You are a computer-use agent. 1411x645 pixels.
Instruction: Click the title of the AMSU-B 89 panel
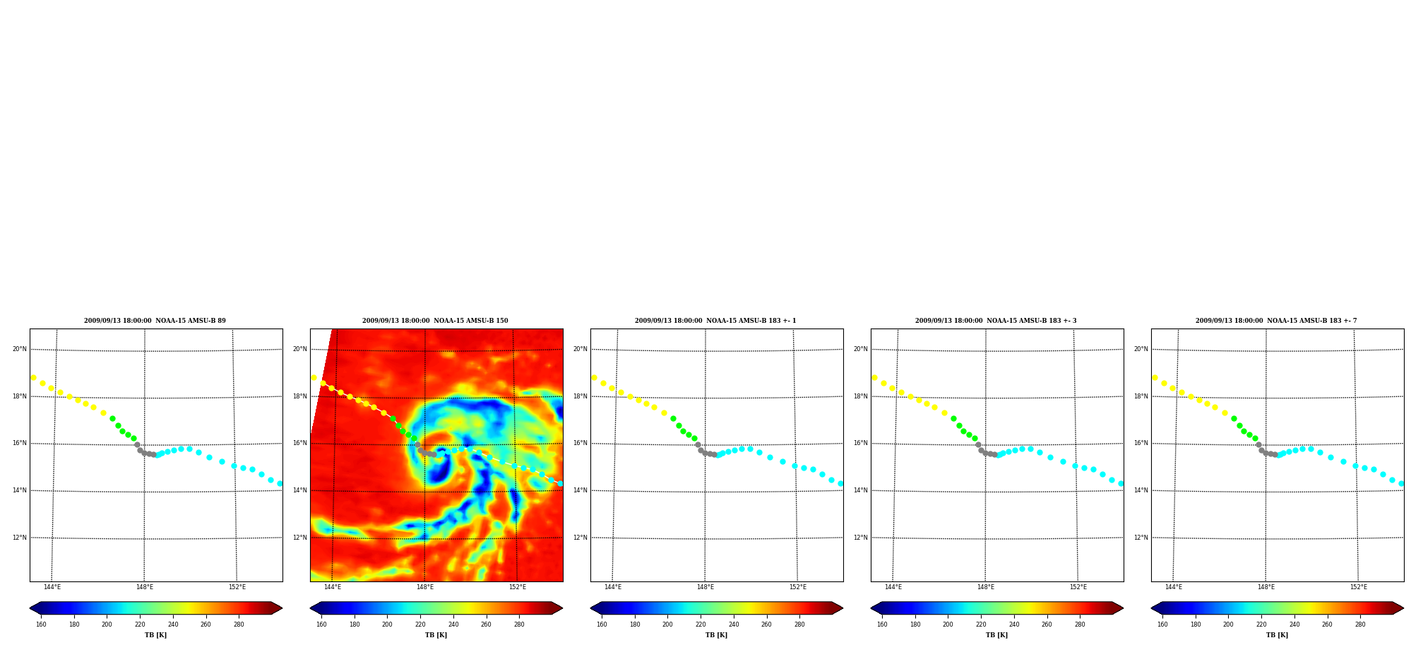(x=155, y=321)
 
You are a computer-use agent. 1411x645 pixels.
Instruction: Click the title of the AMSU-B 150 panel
(x=435, y=321)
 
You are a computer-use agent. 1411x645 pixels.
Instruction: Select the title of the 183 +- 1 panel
(x=715, y=321)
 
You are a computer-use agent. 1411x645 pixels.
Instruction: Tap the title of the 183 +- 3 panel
(x=996, y=321)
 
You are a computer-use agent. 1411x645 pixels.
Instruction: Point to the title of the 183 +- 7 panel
(x=1276, y=321)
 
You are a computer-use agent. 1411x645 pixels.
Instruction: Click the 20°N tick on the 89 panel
(x=19, y=349)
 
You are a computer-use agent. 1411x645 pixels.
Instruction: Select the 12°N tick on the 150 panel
(x=300, y=538)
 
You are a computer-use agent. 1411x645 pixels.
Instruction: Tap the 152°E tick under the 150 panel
(x=518, y=587)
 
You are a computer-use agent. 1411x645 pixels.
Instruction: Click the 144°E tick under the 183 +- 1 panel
(x=613, y=587)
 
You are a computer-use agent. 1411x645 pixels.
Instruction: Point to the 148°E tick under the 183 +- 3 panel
(x=986, y=587)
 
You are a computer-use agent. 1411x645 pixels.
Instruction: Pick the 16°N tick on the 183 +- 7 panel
(x=1141, y=444)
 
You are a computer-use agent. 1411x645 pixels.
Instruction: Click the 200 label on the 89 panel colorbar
(x=107, y=625)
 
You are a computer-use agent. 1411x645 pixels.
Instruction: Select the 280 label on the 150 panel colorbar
(x=519, y=625)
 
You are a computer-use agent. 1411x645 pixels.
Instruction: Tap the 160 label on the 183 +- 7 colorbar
(x=1162, y=625)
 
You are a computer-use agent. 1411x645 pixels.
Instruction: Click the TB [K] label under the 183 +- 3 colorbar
(x=996, y=635)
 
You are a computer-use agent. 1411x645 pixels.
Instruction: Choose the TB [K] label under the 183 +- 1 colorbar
(x=716, y=635)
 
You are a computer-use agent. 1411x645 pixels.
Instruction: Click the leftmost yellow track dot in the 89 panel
(x=33, y=377)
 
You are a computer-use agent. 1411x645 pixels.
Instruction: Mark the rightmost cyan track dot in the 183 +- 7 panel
(x=1401, y=483)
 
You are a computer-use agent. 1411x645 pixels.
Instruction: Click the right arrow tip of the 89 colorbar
(x=282, y=608)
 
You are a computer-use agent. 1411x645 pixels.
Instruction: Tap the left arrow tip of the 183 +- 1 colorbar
(x=590, y=608)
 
